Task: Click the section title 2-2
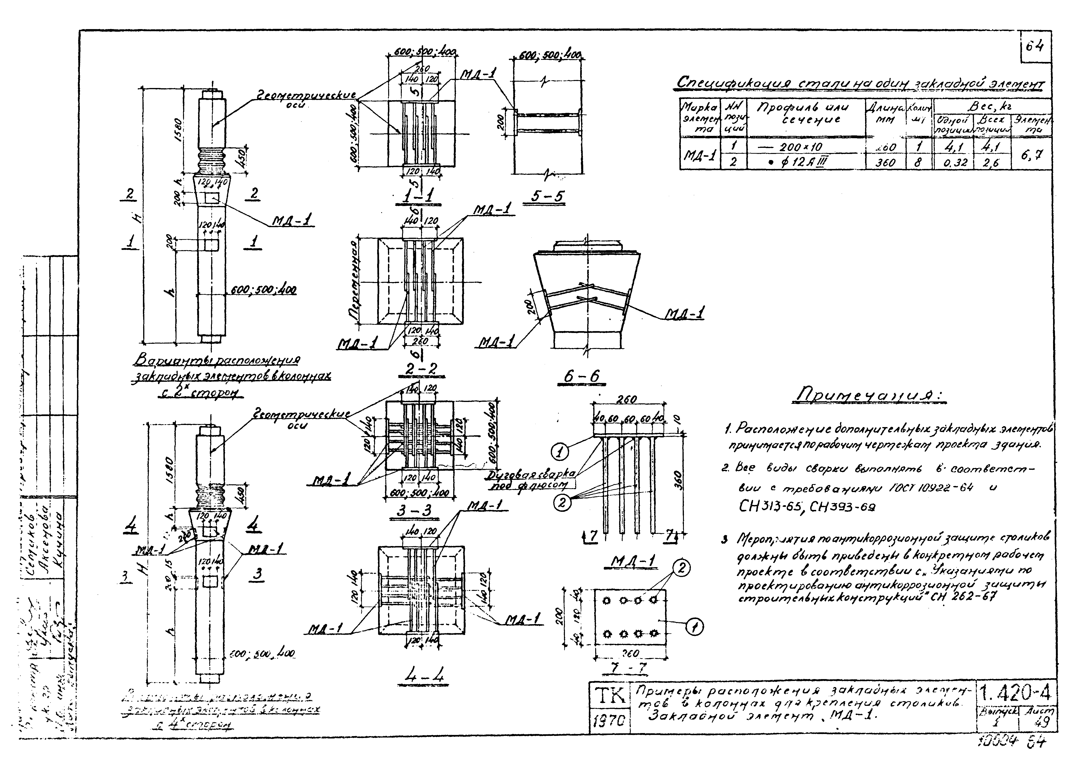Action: click(x=421, y=368)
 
